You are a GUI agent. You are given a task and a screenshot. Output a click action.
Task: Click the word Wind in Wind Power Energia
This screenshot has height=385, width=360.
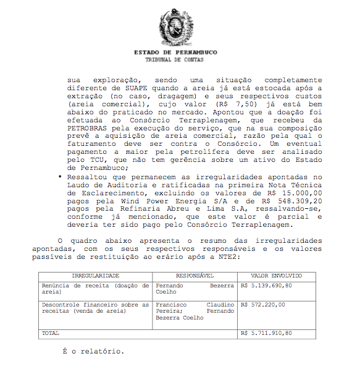pos(129,201)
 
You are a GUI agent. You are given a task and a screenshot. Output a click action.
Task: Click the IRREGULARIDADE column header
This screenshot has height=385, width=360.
pos(95,276)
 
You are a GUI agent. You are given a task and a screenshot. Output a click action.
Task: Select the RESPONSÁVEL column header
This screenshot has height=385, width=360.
pos(195,276)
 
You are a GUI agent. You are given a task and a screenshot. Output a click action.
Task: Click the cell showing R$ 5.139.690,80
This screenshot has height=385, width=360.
pos(267,286)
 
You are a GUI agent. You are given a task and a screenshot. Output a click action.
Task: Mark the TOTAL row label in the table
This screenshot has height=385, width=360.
pos(51,333)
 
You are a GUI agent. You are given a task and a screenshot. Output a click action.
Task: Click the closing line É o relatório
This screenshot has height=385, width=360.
pos(93,352)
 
